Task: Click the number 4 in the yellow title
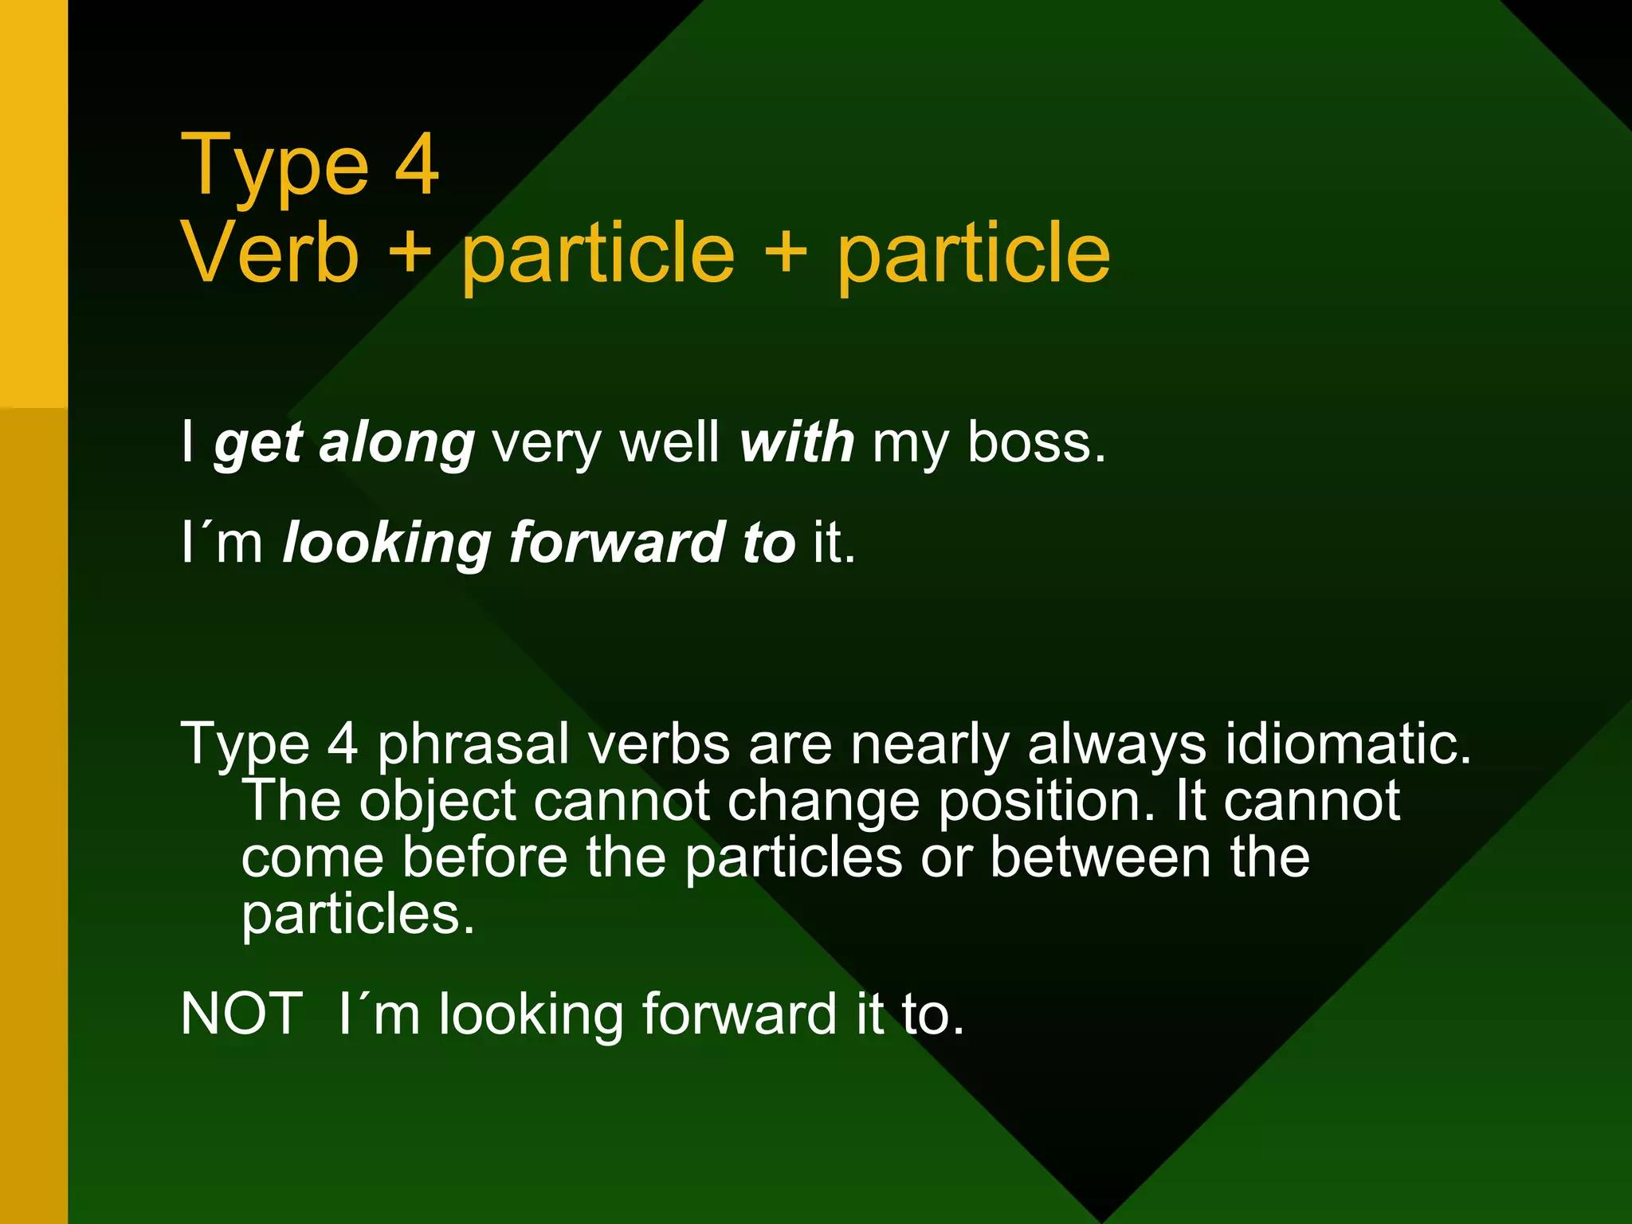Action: click(416, 164)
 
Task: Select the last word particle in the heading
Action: click(973, 253)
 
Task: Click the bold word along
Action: click(397, 443)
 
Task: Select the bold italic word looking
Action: click(387, 543)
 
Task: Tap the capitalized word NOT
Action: click(241, 1014)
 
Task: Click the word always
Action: click(1116, 746)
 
